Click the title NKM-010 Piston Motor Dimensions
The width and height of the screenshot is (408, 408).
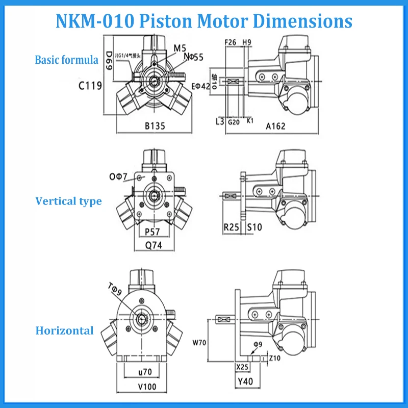(x=203, y=21)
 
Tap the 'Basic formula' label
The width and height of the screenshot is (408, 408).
(x=66, y=60)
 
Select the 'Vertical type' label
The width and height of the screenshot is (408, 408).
(x=68, y=201)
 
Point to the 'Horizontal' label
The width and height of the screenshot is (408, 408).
(x=64, y=330)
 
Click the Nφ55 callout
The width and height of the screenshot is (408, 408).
(x=192, y=57)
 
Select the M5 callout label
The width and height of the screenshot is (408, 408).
(x=180, y=48)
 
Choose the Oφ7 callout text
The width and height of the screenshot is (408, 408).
(x=119, y=176)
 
